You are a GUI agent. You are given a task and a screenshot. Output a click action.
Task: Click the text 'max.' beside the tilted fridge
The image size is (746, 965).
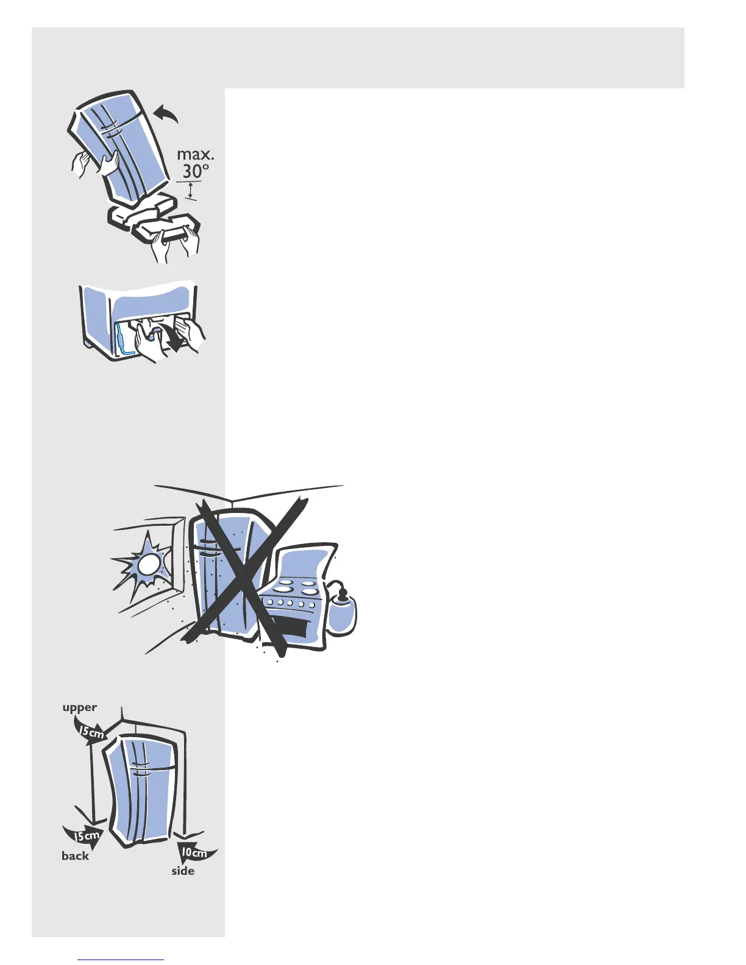[x=195, y=155]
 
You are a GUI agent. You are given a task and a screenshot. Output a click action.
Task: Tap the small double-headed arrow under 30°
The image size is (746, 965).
[x=191, y=190]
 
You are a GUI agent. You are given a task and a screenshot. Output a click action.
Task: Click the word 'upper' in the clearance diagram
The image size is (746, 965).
[x=79, y=707]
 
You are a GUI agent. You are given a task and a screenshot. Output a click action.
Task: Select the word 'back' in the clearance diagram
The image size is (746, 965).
[x=75, y=856]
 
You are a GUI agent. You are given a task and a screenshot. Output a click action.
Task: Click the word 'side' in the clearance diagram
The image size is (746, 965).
[x=183, y=871]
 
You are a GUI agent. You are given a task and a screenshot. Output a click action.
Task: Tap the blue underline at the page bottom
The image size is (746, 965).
[x=121, y=960]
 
